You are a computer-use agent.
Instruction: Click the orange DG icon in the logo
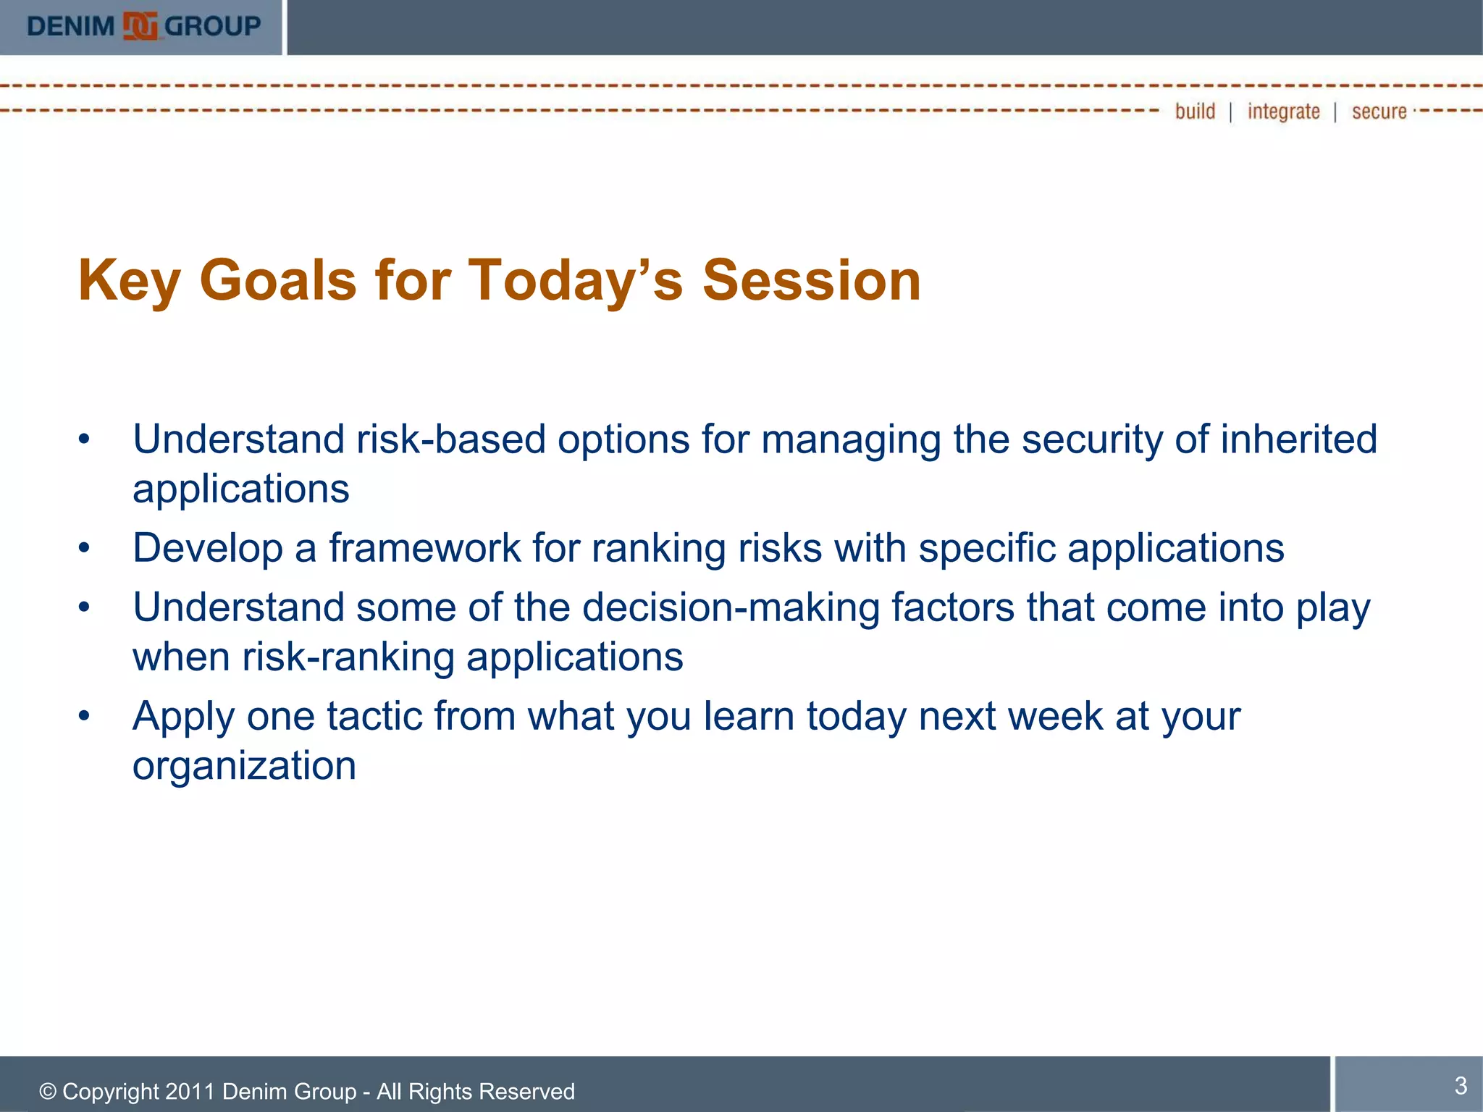[140, 27]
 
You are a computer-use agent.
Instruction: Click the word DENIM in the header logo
[71, 27]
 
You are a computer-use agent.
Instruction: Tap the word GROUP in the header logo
[212, 27]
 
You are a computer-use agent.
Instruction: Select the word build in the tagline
[1195, 111]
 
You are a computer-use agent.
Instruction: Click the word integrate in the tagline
[1283, 111]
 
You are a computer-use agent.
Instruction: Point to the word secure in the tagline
[1379, 111]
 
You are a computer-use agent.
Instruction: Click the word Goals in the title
[278, 280]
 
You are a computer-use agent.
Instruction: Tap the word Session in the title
[811, 280]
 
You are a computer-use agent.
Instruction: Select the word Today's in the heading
[576, 280]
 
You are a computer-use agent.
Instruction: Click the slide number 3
[1461, 1085]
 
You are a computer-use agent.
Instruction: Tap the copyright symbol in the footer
[48, 1092]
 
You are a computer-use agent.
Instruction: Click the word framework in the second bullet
[425, 547]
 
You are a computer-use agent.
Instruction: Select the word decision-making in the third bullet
[731, 607]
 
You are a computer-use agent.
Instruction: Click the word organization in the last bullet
[244, 766]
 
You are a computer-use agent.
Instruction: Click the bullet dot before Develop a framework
[85, 548]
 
